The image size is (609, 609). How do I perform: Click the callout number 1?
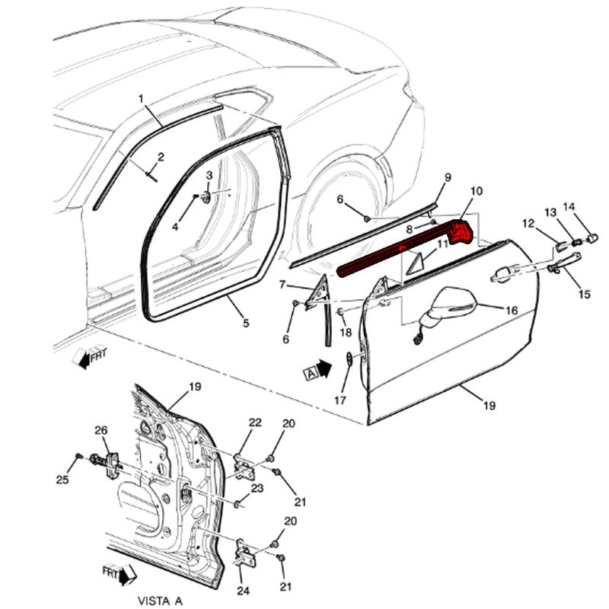pos(141,99)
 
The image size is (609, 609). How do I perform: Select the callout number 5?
pos(246,323)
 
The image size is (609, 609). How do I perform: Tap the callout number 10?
pos(476,190)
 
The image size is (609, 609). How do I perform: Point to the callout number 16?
pos(512,310)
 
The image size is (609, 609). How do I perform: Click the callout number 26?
pos(101,431)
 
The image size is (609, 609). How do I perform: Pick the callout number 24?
pos(244,590)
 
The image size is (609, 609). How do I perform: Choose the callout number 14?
pos(569,207)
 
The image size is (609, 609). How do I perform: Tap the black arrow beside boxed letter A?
pos(324,368)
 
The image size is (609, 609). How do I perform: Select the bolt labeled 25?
pos(78,456)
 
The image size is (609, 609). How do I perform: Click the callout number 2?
pos(161,158)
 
